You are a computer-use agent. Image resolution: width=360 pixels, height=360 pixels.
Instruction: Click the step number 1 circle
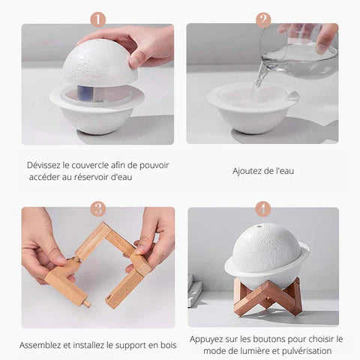[x=97, y=19]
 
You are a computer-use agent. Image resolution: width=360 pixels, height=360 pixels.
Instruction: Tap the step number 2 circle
[x=263, y=19]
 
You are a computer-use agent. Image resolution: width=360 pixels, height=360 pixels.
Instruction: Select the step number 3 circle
[x=97, y=209]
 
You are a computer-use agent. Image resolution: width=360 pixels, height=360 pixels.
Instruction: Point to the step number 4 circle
[x=263, y=209]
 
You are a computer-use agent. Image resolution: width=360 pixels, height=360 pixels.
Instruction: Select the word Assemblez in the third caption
[x=42, y=346]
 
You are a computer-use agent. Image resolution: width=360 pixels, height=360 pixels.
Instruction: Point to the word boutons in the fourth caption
[x=268, y=339]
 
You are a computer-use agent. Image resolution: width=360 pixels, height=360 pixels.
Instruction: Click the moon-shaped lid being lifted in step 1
[x=99, y=61]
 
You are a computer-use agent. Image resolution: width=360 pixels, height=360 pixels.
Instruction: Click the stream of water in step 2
[x=262, y=76]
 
